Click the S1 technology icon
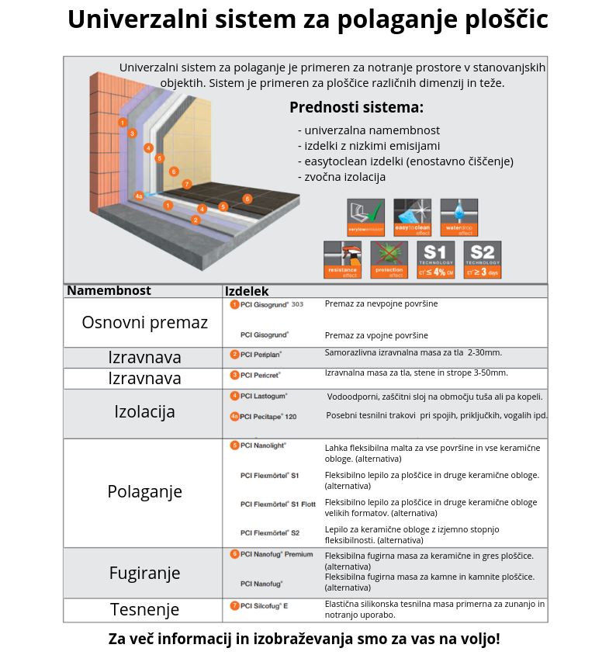tap(435, 260)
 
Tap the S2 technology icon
tap(482, 260)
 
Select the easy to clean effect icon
tap(412, 217)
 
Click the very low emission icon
tap(365, 217)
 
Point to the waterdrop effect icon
tap(459, 217)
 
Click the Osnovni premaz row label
tap(144, 322)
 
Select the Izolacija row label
tap(144, 411)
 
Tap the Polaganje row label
tap(144, 491)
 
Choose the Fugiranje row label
tap(144, 573)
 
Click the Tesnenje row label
tap(144, 609)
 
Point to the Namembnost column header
tap(109, 291)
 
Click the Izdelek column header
tap(247, 292)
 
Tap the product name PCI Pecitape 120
tap(268, 417)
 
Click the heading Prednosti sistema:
tap(356, 108)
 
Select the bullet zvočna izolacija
tap(341, 177)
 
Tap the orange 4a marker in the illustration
tap(139, 196)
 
